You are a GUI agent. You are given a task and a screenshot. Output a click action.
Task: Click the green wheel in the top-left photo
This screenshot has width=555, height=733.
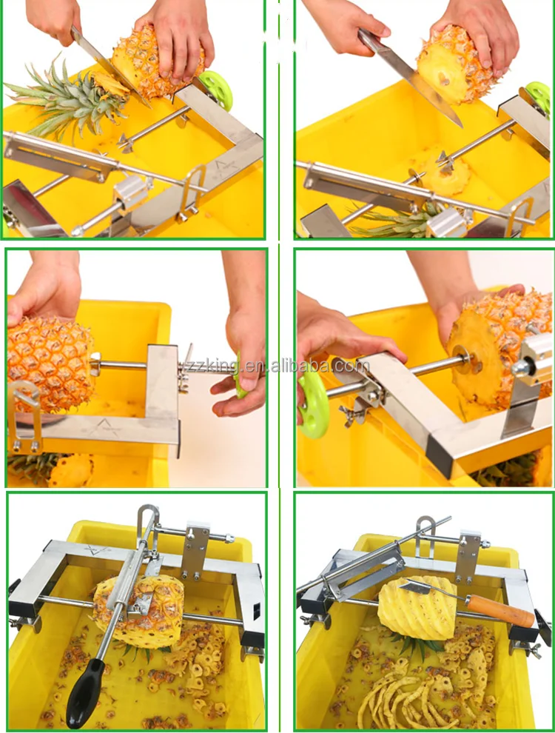(216, 90)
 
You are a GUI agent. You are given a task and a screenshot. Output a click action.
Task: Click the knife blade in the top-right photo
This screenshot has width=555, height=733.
(414, 77)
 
